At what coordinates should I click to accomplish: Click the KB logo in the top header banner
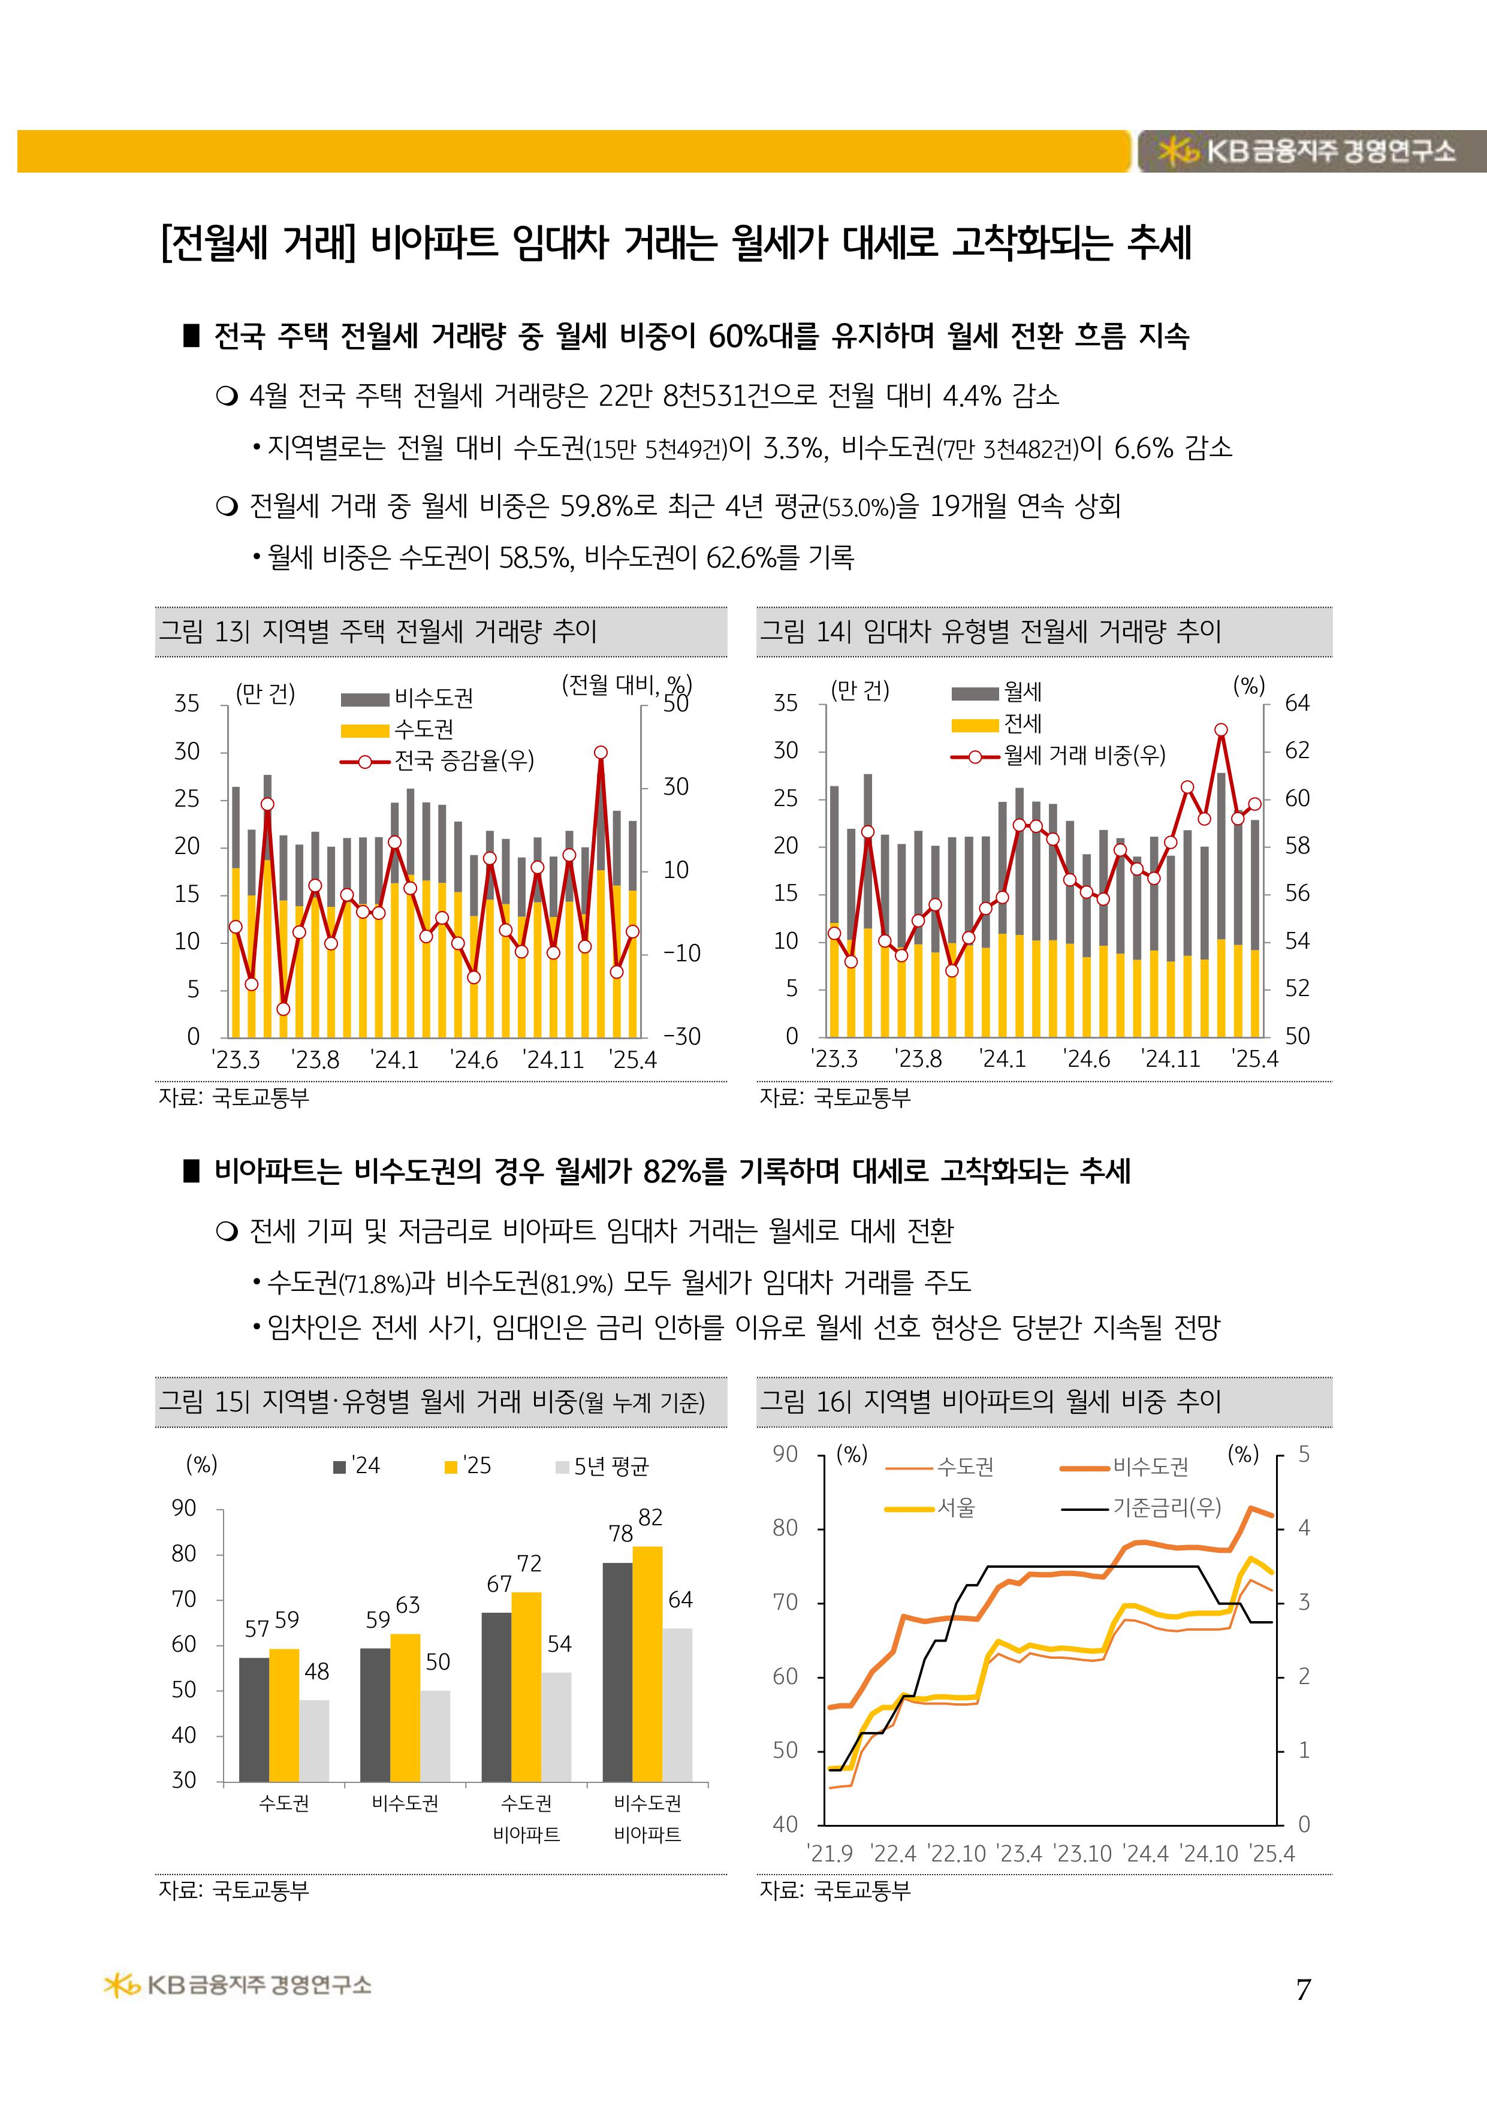1179,151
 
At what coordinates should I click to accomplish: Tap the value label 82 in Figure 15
650,1517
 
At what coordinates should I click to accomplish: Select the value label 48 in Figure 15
316,1671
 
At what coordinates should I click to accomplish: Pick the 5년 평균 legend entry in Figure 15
603,1467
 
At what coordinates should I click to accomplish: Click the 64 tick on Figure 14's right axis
1296,704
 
